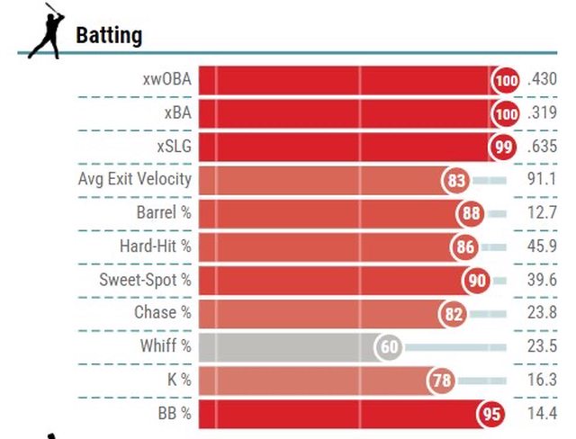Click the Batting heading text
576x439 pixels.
pyautogui.click(x=109, y=36)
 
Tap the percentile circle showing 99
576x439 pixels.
pyautogui.click(x=502, y=147)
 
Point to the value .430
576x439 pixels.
pyautogui.click(x=542, y=80)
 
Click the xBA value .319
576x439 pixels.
pyautogui.click(x=542, y=113)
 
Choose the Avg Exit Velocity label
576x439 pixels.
pyautogui.click(x=135, y=179)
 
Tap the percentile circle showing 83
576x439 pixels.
pyautogui.click(x=456, y=180)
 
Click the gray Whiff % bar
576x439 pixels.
pyautogui.click(x=288, y=346)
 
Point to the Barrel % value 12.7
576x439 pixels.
pyautogui.click(x=542, y=213)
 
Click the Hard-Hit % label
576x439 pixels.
pyautogui.click(x=155, y=246)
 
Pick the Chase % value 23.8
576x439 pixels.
pyautogui.click(x=542, y=313)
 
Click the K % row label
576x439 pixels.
pyautogui.click(x=179, y=379)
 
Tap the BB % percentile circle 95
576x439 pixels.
pyautogui.click(x=490, y=414)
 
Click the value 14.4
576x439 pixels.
pyautogui.click(x=542, y=413)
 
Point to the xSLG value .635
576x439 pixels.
pyautogui.click(x=542, y=147)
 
